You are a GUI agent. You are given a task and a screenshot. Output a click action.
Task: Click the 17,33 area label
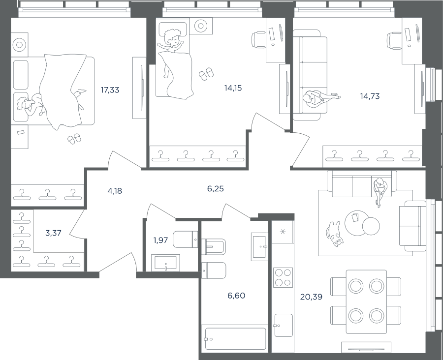point(110,90)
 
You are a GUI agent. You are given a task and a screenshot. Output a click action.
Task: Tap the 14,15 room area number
point(233,88)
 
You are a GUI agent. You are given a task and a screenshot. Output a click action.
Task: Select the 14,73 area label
point(370,96)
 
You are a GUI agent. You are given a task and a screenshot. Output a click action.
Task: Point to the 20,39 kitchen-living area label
point(312,297)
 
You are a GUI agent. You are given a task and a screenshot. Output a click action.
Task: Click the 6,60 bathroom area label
point(236,296)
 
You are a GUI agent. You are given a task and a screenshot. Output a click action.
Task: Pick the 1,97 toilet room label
point(160,240)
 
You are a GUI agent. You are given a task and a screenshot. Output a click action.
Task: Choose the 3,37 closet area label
point(53,233)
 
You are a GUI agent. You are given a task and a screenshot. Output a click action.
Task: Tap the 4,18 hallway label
point(115,191)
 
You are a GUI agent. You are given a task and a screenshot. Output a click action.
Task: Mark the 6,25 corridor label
point(215,189)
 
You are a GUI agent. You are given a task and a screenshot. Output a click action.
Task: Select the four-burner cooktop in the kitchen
point(283,277)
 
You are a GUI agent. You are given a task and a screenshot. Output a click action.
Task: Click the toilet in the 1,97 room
point(186,240)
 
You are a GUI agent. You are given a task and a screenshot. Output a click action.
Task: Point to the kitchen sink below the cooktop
point(284,325)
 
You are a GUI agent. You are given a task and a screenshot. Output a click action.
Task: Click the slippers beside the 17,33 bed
point(74,139)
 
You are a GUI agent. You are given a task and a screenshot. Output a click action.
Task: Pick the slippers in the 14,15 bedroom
point(206,74)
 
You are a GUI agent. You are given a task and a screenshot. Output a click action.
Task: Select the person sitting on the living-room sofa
point(380,191)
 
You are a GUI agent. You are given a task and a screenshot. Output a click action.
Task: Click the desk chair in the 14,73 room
point(394,41)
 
